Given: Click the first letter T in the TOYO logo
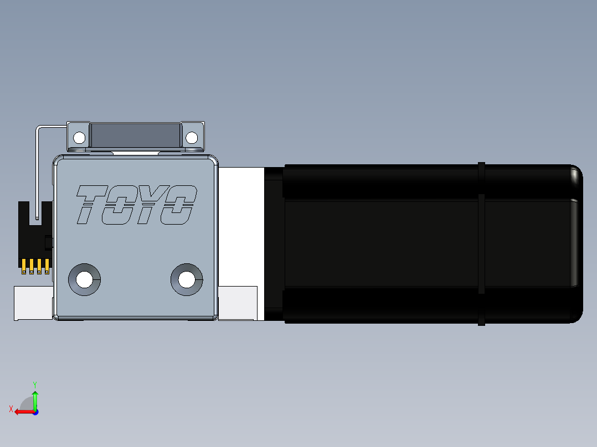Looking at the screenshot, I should (x=91, y=205).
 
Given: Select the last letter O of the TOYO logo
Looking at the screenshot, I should (x=179, y=205).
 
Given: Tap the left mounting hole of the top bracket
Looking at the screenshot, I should (x=79, y=137).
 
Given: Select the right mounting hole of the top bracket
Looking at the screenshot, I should (x=192, y=137).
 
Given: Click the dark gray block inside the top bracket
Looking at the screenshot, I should (x=136, y=135).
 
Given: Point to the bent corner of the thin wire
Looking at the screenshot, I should (x=38, y=128).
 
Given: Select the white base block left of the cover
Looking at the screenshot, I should (x=33, y=303).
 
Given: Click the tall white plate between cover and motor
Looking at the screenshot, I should (x=241, y=227).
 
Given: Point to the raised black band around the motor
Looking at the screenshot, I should (x=481, y=243).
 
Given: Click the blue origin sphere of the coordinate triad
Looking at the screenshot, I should (x=35, y=412).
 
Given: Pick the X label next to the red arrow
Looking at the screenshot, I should (x=11, y=409).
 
